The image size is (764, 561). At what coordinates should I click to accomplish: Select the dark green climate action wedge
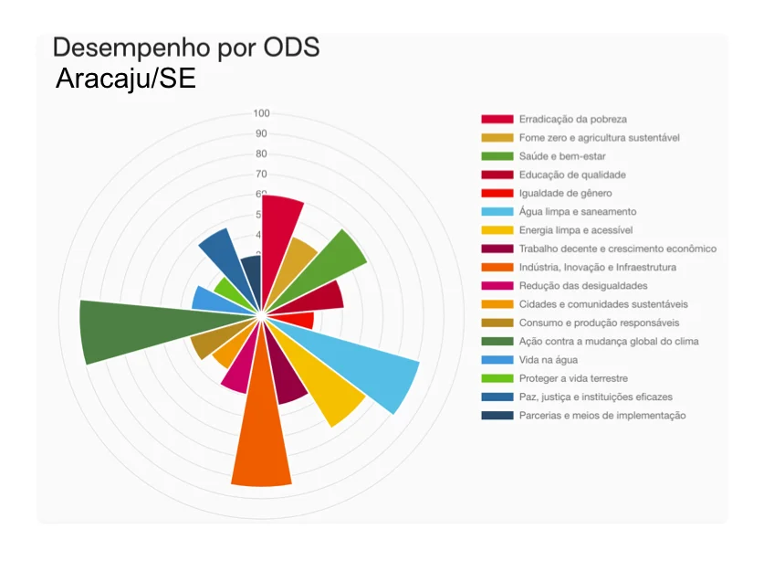tap(137, 329)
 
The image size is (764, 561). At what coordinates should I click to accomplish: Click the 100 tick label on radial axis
tap(261, 113)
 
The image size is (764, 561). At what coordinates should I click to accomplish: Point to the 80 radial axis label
tap(261, 153)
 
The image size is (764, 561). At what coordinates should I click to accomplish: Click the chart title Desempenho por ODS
tap(186, 48)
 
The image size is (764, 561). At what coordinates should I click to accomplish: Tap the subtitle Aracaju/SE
tap(125, 79)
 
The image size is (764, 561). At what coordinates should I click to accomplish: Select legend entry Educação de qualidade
tap(571, 175)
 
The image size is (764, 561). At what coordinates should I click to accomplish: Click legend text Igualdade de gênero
tap(564, 193)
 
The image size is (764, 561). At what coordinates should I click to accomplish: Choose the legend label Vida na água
tap(549, 360)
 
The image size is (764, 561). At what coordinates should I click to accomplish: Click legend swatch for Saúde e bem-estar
tap(497, 156)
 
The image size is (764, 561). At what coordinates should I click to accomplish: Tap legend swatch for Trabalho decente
tap(497, 249)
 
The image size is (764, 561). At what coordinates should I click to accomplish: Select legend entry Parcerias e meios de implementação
tap(602, 416)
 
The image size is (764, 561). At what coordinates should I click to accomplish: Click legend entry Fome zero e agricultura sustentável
tap(599, 137)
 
